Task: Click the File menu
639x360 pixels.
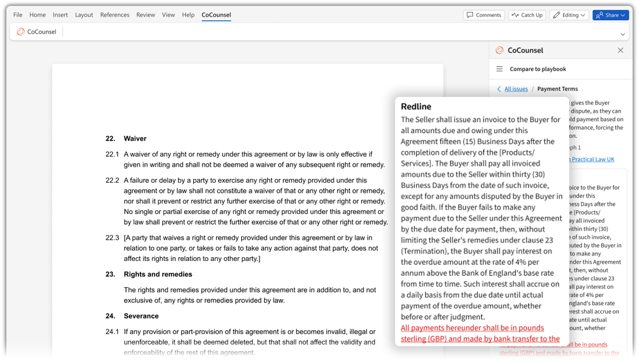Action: coord(18,15)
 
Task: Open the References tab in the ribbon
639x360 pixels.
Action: coord(114,15)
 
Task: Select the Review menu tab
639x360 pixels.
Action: coord(145,15)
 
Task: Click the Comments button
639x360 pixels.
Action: coord(484,15)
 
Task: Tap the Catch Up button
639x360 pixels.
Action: coord(527,15)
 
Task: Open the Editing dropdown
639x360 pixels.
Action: coord(569,15)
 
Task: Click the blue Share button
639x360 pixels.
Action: coord(610,15)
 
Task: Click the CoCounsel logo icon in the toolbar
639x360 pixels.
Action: coord(21,32)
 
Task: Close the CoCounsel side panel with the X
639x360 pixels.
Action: coord(620,50)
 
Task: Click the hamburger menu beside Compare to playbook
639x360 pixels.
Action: coord(499,69)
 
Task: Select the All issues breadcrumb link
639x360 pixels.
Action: coord(515,89)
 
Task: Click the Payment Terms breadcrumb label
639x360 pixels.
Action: coord(557,89)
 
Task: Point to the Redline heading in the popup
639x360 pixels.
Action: coord(416,107)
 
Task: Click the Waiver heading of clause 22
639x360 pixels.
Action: coord(135,138)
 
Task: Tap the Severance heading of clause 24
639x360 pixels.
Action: coord(141,316)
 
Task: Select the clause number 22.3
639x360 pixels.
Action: coord(112,238)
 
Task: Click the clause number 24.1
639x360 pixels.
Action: coord(112,332)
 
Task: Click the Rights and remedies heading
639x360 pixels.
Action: coord(158,274)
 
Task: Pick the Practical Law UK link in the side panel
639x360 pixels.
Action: coord(592,159)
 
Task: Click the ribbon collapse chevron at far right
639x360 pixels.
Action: coord(622,34)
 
